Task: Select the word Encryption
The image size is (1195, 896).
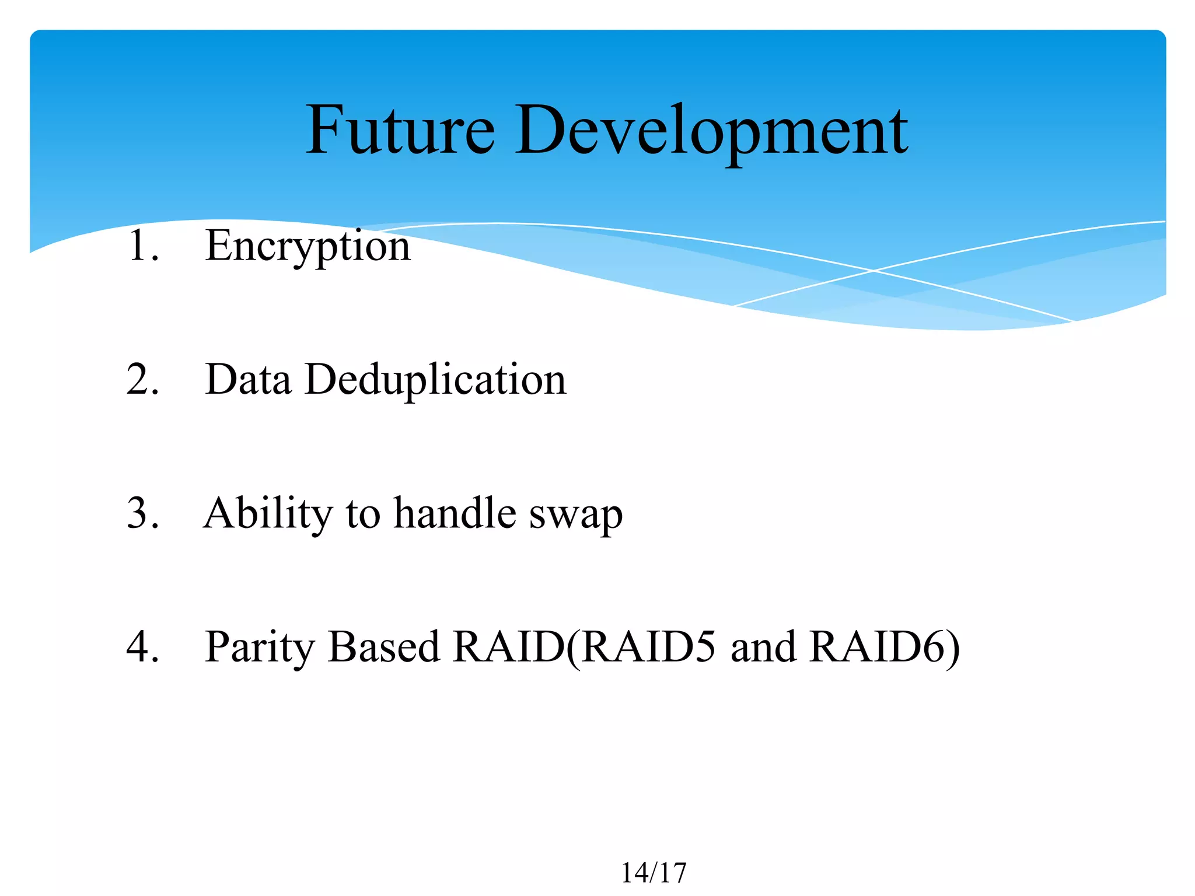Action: (308, 246)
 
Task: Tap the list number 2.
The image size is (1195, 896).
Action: (142, 379)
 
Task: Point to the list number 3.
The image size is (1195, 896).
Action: (142, 513)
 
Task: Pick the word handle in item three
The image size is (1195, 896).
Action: (455, 513)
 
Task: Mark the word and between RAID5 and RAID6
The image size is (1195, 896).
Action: (763, 647)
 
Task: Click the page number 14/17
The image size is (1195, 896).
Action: (654, 873)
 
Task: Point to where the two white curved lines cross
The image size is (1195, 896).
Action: (873, 271)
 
